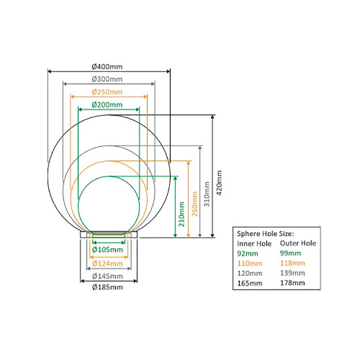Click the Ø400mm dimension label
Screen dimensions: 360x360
click(107, 67)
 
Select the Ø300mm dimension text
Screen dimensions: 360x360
click(107, 79)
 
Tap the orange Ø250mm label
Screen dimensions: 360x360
click(107, 92)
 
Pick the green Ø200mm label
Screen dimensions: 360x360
click(107, 105)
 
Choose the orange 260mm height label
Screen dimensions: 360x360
click(195, 203)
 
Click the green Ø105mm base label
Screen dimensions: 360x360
click(108, 249)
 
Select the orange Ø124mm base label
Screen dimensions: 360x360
click(108, 264)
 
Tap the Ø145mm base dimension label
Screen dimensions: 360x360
click(108, 276)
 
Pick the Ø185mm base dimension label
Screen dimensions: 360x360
click(108, 287)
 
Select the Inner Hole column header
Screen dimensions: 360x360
click(255, 244)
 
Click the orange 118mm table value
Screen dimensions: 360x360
click(292, 263)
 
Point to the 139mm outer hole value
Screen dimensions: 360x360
click(292, 273)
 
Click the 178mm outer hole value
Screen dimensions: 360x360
click(292, 283)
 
